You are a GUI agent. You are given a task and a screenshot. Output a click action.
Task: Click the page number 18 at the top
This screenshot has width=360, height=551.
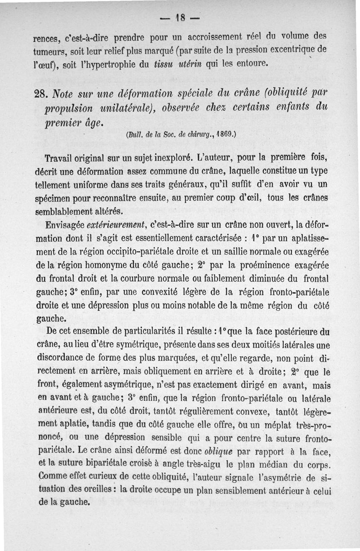tap(180, 19)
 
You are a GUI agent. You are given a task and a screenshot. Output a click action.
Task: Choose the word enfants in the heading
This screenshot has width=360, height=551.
tap(284, 109)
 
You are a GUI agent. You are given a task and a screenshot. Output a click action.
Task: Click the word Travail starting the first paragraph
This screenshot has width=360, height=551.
tap(61, 159)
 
